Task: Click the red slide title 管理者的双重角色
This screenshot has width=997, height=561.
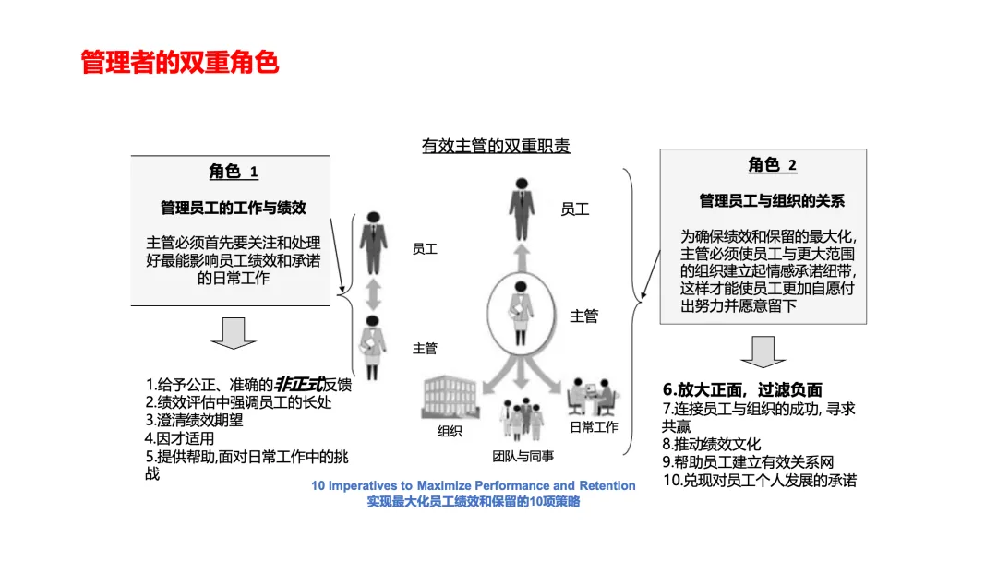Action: click(x=180, y=63)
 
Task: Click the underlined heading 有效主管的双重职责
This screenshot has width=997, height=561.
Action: click(x=496, y=146)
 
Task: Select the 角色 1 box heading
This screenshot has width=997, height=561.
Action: click(x=233, y=172)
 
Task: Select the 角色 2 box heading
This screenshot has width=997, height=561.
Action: click(x=772, y=165)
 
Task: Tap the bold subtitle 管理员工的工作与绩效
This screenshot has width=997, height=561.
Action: click(x=233, y=208)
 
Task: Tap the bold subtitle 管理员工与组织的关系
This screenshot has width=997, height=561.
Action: click(x=772, y=200)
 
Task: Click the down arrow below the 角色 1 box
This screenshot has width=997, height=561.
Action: click(x=233, y=333)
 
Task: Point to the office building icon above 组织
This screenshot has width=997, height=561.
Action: click(x=450, y=399)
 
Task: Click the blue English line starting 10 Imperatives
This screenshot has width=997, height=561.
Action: click(x=474, y=485)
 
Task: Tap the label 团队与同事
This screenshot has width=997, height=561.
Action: click(x=523, y=456)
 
